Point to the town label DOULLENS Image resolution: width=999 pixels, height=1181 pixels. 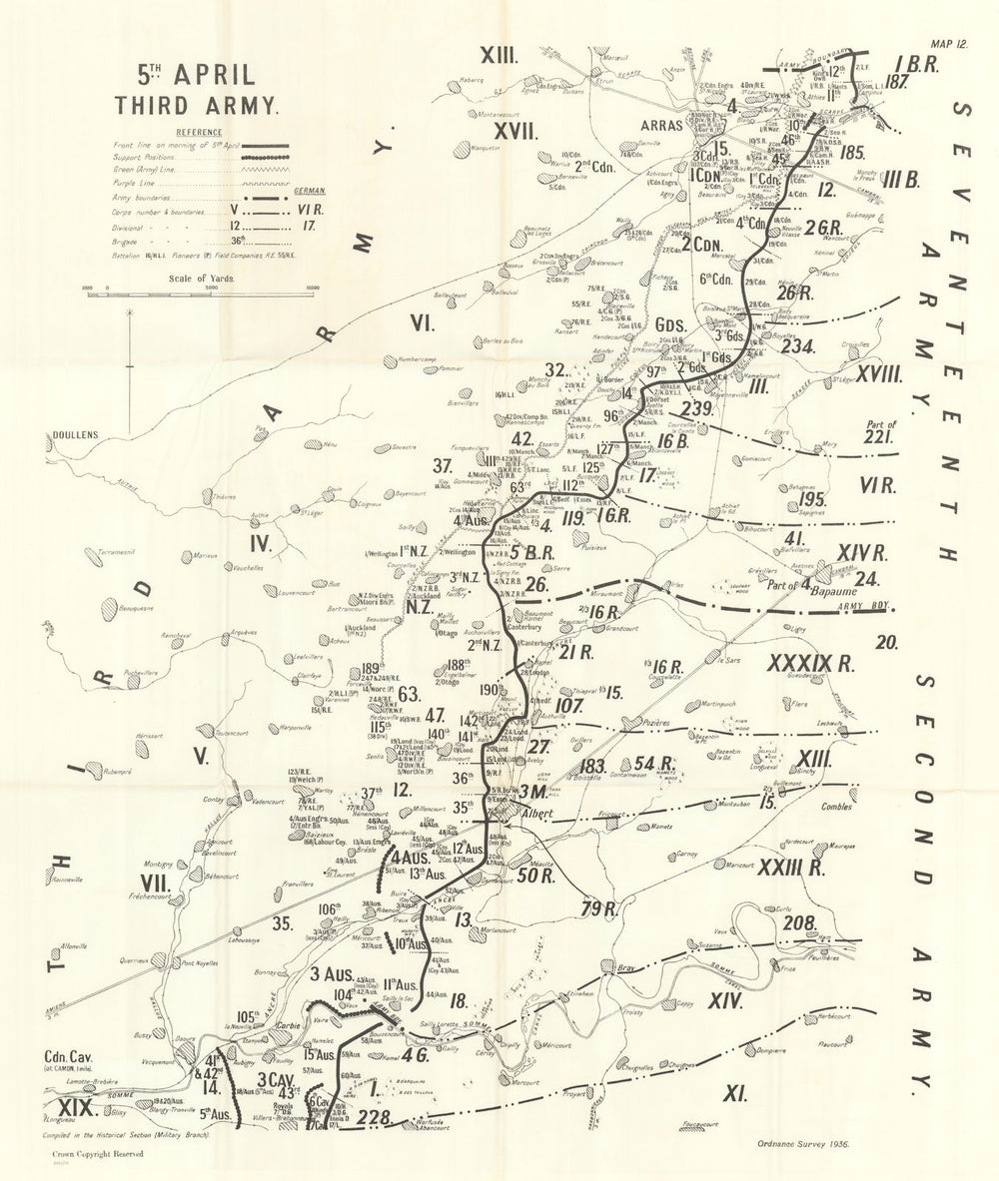pos(71,436)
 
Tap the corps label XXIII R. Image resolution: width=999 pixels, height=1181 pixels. pos(789,868)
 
